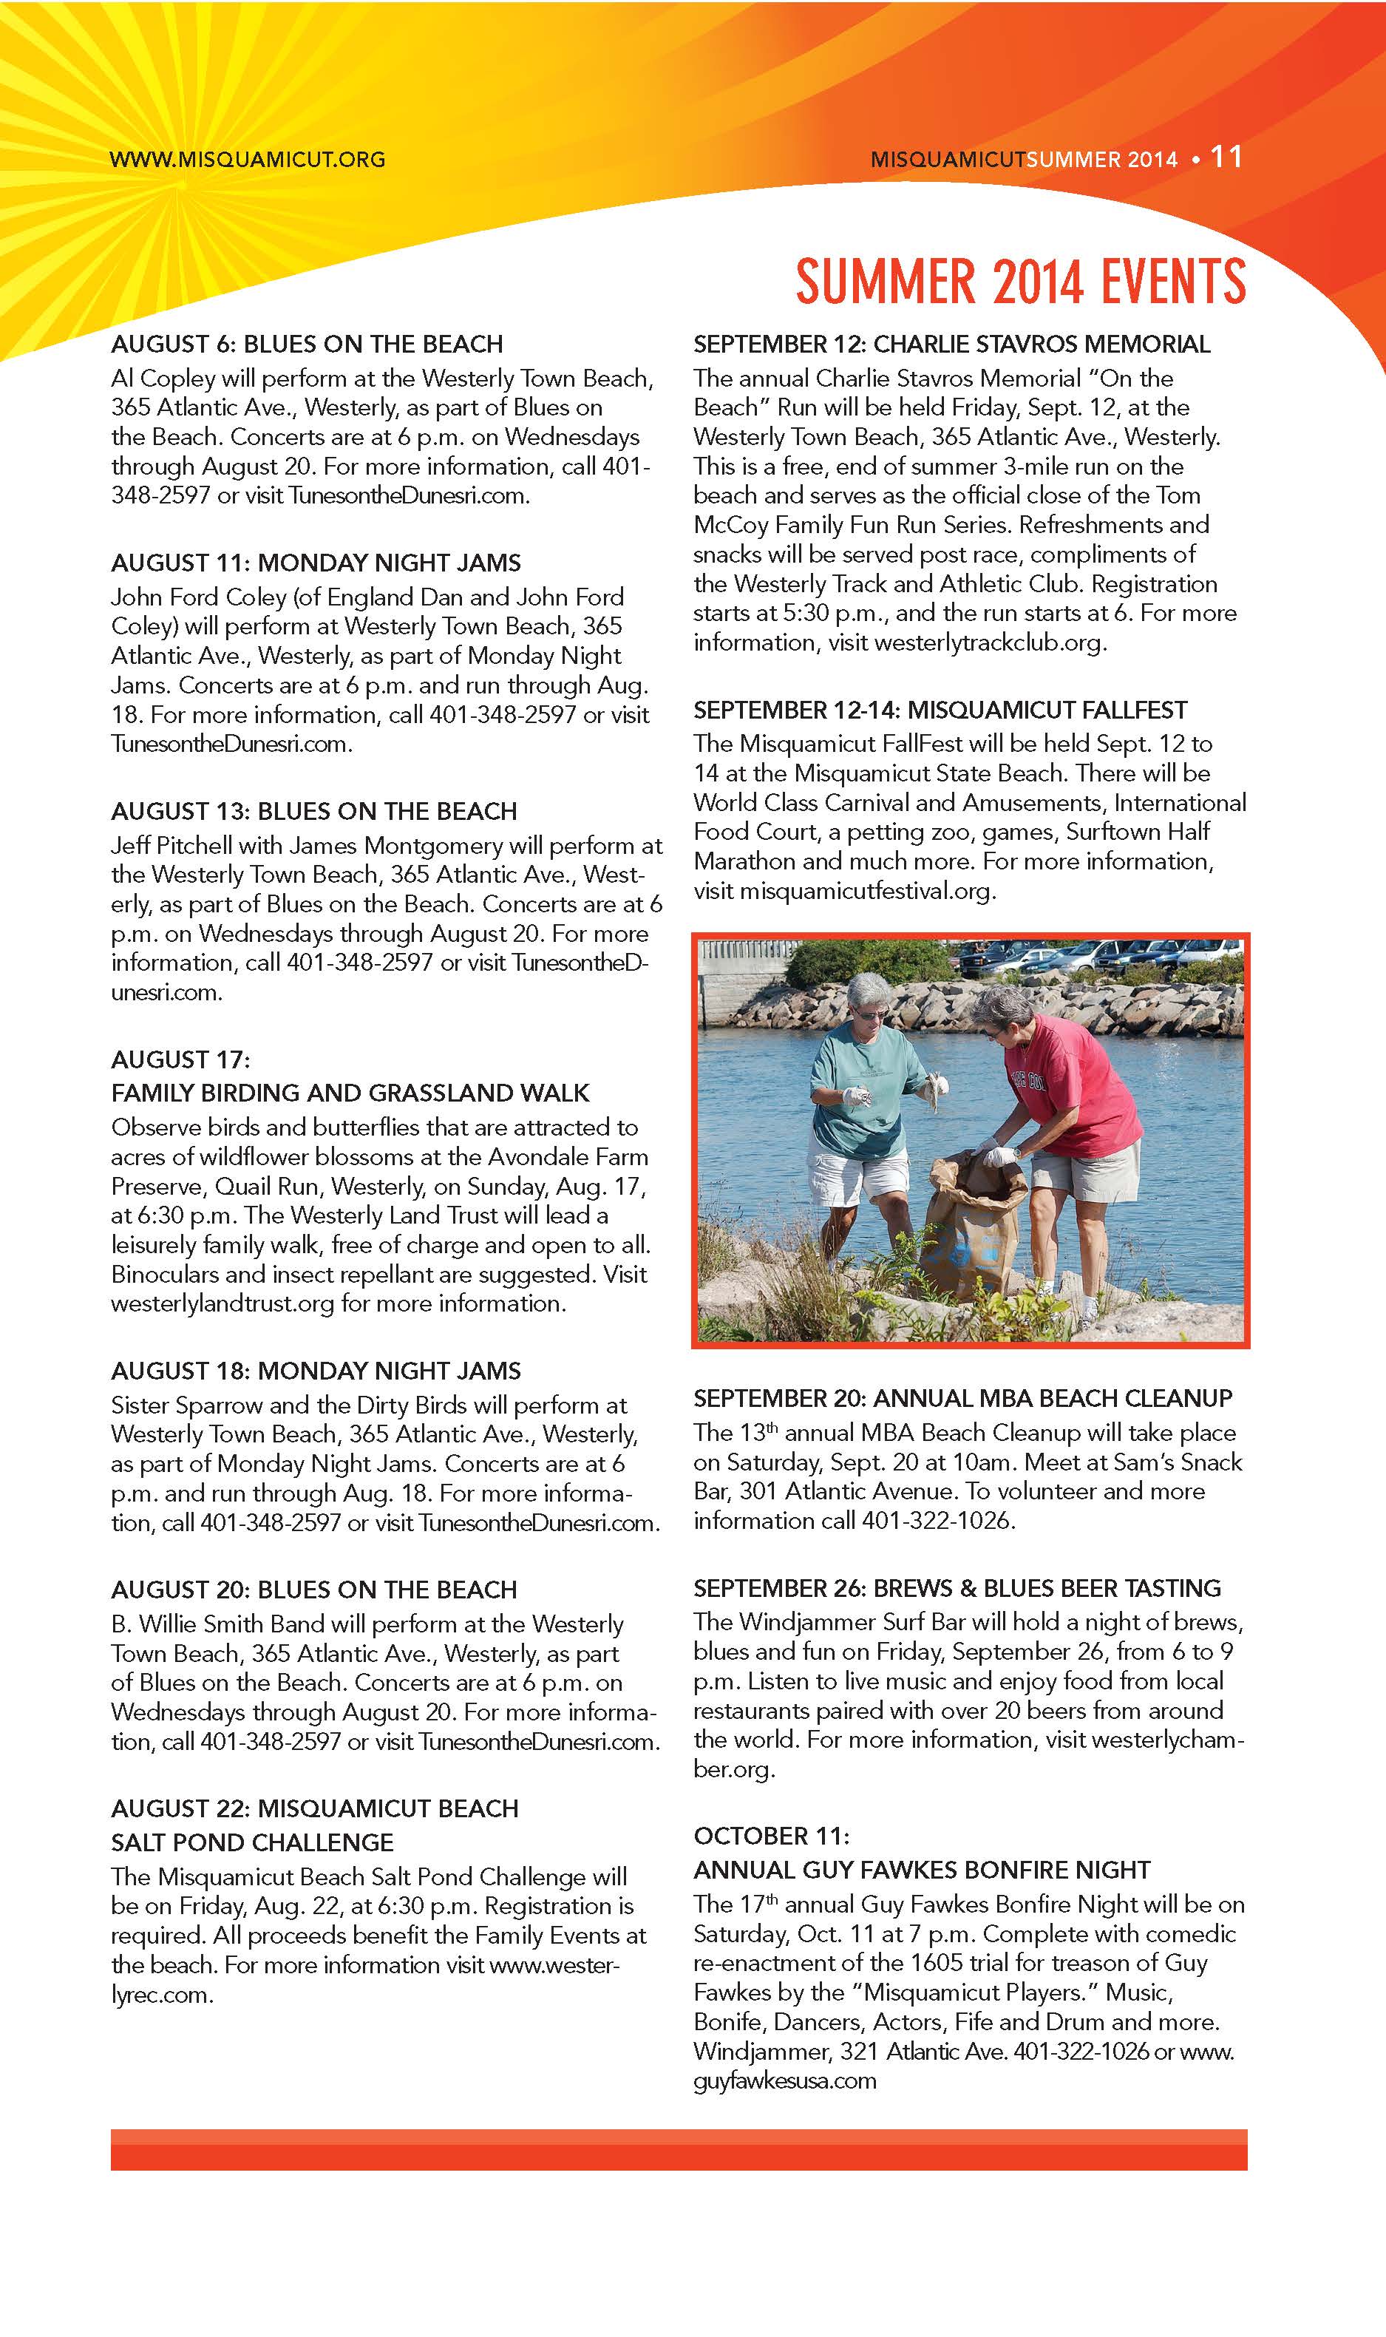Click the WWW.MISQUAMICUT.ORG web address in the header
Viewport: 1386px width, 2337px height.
[x=248, y=159]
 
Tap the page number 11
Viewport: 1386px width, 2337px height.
[x=1226, y=157]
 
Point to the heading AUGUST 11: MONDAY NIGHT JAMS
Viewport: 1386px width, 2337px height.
[x=316, y=563]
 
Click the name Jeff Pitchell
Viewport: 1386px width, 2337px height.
[x=171, y=845]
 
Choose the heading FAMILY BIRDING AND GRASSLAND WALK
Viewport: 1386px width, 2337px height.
[x=350, y=1093]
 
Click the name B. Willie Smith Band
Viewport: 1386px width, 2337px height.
[x=217, y=1624]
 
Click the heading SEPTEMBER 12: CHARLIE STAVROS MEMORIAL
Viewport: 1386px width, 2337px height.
[x=951, y=344]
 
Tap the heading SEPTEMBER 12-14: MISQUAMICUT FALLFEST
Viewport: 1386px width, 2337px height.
[x=940, y=710]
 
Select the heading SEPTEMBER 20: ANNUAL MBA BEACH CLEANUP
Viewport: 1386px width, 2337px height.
[x=962, y=1398]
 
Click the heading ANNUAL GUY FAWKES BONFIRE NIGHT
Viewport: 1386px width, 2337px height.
[x=921, y=1870]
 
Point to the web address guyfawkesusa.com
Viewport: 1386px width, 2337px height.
[x=784, y=2080]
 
